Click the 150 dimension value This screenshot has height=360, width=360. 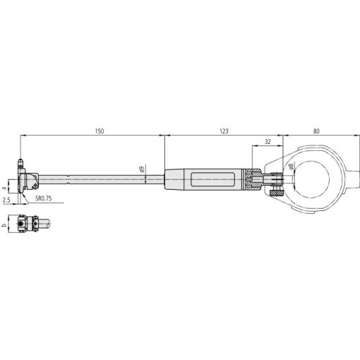[100, 131]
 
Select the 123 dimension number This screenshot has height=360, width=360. [224, 131]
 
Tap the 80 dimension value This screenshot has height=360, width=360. [316, 131]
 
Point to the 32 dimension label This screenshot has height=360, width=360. [268, 142]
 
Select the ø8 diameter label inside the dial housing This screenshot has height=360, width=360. [291, 167]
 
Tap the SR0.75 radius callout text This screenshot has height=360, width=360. [44, 198]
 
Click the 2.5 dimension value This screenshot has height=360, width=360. [6, 200]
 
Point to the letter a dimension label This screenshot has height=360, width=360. [4, 188]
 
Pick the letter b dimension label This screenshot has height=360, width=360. [4, 225]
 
